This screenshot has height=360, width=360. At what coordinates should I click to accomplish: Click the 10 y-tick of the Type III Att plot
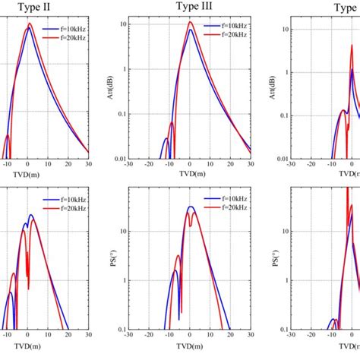122,24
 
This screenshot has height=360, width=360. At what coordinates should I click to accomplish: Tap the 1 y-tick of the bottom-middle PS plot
122,280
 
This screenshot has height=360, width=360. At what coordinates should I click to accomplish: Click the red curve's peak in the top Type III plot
191,22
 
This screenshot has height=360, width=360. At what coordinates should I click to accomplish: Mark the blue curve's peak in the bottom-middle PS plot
191,207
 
